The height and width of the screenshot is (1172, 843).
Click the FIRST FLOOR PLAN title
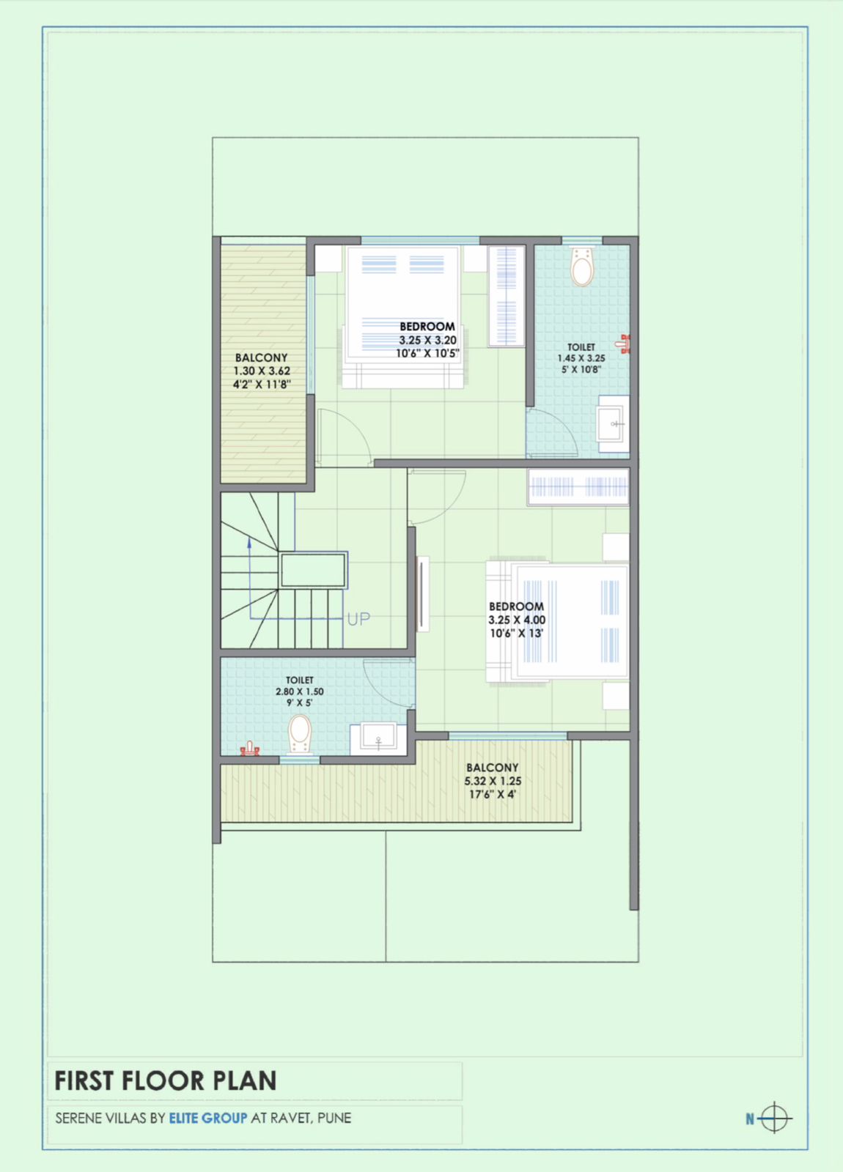(x=166, y=1081)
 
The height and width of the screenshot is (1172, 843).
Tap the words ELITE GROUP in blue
(x=208, y=1119)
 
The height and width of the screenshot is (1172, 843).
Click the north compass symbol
(x=773, y=1119)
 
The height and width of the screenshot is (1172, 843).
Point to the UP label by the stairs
(x=358, y=620)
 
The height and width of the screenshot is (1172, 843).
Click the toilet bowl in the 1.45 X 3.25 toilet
(x=583, y=267)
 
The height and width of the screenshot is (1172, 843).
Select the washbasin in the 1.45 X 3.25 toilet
(x=614, y=423)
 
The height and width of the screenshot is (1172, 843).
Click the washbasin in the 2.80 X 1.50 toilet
(x=378, y=737)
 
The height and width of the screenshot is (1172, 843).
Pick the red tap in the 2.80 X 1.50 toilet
(x=250, y=749)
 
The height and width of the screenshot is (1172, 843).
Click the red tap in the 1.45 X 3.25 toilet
(x=624, y=344)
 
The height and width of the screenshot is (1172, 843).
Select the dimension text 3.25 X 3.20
(x=427, y=340)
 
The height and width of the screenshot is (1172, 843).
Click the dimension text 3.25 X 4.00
(x=517, y=620)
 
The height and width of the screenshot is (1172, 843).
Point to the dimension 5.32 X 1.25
(x=493, y=781)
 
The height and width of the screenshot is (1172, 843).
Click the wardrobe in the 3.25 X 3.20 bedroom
(x=507, y=297)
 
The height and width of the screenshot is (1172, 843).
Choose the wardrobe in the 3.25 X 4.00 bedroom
(x=578, y=486)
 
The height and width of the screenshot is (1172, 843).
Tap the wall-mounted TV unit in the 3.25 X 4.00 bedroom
(x=423, y=594)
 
